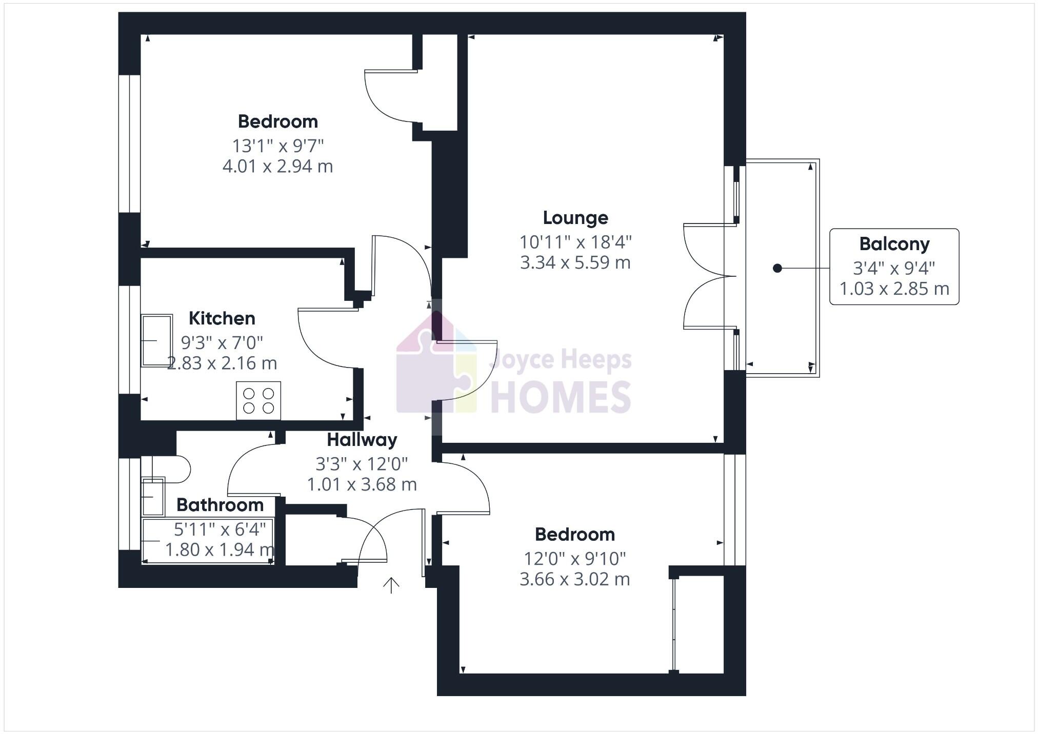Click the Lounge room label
575,218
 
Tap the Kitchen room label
222,318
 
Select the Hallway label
362,440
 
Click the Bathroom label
220,505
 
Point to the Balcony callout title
894,244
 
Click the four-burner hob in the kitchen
258,400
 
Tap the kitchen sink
156,340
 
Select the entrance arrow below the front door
391,585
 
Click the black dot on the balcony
777,268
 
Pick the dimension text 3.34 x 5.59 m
575,262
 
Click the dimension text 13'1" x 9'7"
278,146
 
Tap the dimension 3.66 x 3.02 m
574,579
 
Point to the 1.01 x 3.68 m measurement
362,484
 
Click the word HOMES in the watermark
561,397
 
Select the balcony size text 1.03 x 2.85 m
894,289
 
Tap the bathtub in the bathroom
208,541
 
